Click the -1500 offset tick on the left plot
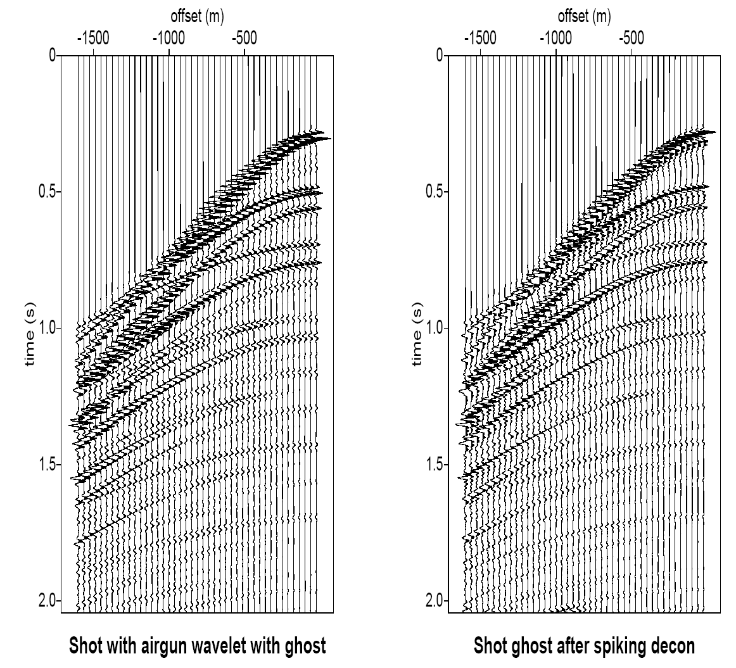tap(94, 52)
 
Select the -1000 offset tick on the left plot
tap(169, 52)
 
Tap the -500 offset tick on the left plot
tap(244, 52)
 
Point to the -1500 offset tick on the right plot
tap(481, 52)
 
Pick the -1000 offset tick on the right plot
tap(556, 52)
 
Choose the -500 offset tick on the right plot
tap(631, 52)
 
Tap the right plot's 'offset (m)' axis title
tap(584, 17)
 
